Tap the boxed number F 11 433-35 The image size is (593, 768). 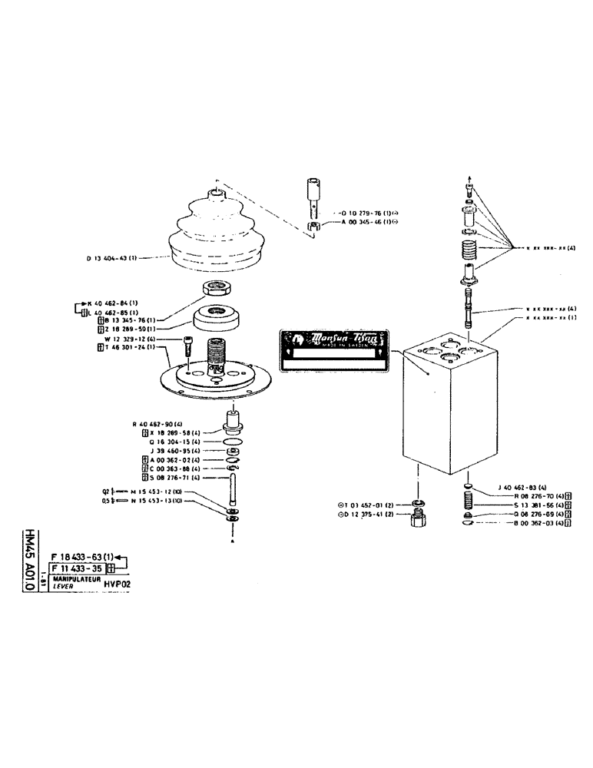click(77, 568)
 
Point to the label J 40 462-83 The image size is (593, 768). click(523, 488)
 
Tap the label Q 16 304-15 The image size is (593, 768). click(161, 442)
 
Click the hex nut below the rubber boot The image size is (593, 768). click(217, 289)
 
